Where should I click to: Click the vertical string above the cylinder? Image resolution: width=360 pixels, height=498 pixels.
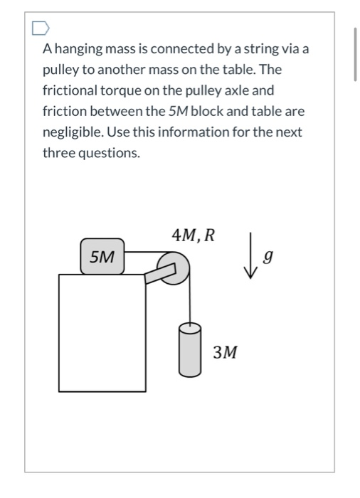pos(190,302)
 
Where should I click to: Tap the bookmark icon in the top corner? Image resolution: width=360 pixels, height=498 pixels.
pos(41,28)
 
